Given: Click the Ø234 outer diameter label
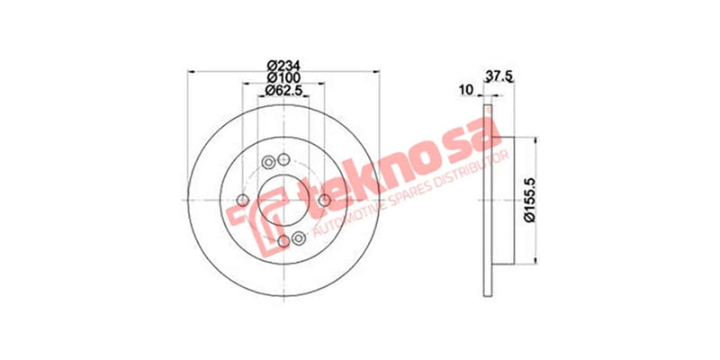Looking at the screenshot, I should point(283,64).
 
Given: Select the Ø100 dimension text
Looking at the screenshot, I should point(283,77).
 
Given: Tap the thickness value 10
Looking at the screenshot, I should point(465,89).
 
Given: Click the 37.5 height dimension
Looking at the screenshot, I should point(499,77).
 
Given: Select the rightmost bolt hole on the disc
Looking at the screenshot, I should point(322,200).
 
